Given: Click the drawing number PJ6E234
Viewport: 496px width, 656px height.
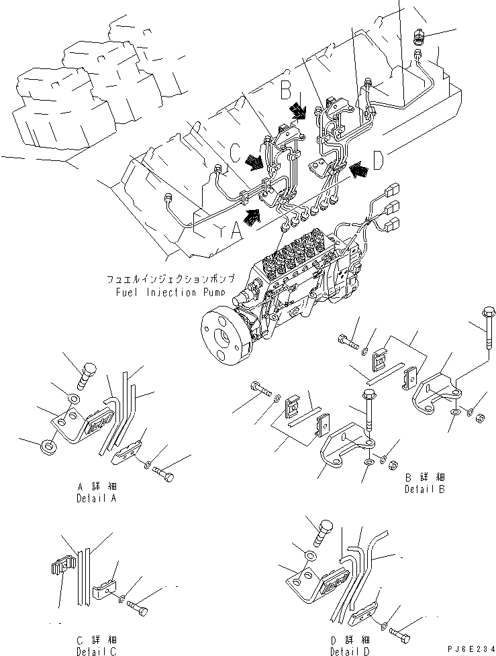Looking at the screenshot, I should pos(463,647).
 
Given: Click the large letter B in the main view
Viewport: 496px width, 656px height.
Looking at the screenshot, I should pos(285,88).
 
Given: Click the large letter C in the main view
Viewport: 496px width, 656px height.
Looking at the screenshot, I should pos(234,152).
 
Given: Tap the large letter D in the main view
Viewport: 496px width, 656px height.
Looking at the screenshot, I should pos(379,161).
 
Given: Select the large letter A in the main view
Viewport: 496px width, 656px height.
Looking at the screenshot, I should pos(236,230).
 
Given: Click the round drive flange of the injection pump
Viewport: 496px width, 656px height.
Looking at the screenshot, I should pos(224,336).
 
